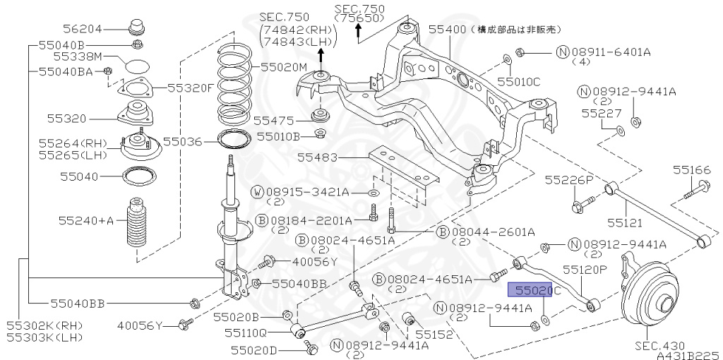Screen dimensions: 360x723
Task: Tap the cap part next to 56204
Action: pyautogui.click(x=136, y=29)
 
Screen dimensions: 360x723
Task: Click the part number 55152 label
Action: pyautogui.click(x=434, y=334)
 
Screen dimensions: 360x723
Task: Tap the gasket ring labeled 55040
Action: pyautogui.click(x=137, y=176)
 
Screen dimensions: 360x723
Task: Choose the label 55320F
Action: pyautogui.click(x=190, y=88)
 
